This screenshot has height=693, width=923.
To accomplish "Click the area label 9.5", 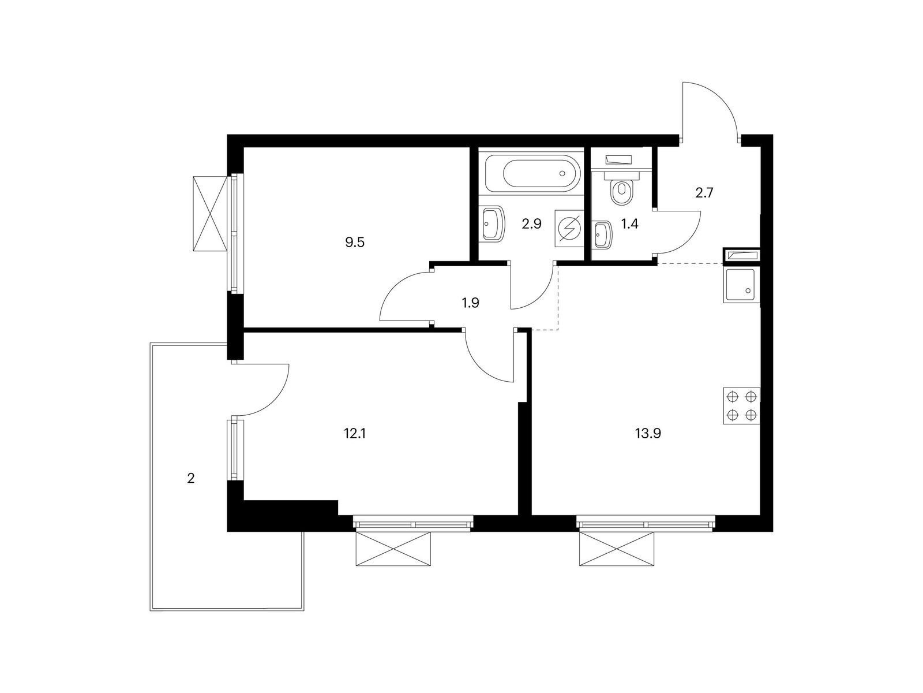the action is point(354,243).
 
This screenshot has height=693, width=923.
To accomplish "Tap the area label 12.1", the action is point(354,433).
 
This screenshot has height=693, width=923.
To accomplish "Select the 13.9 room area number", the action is point(648,433).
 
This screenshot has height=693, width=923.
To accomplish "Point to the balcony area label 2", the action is point(191,478).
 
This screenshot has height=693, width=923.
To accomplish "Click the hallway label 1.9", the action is point(471,303).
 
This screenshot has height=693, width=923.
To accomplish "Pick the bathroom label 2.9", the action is point(531,224).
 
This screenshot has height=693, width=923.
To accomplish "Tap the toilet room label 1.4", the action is point(630,224).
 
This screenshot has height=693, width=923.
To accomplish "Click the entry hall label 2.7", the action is point(704,193).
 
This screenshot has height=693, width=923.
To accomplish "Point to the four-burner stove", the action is point(742,405).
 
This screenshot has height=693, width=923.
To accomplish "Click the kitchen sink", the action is point(742,285).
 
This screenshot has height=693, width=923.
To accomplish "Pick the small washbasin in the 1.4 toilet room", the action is point(602,235).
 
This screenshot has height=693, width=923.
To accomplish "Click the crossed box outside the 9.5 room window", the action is point(210,214).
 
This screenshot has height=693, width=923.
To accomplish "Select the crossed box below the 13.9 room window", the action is point(617,549).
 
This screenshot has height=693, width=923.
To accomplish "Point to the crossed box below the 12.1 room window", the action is point(393,549).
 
